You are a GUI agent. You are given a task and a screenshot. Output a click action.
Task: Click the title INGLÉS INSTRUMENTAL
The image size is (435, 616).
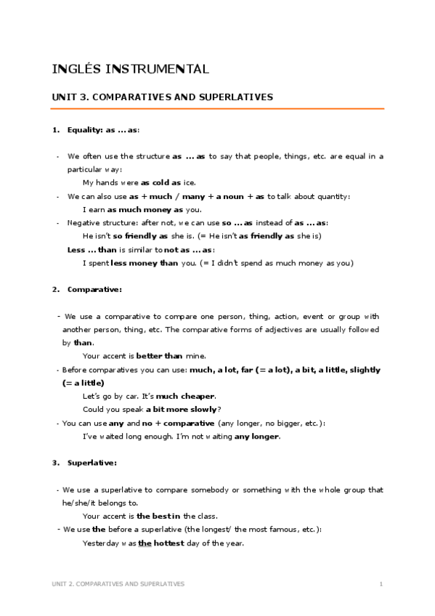pyautogui.click(x=131, y=70)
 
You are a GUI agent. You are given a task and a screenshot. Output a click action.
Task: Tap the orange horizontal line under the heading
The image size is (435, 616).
pyautogui.click(x=217, y=109)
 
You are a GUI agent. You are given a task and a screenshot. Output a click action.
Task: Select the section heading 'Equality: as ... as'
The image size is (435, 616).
pyautogui.click(x=102, y=130)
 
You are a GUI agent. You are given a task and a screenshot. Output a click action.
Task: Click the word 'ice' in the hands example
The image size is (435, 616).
pyautogui.click(x=188, y=182)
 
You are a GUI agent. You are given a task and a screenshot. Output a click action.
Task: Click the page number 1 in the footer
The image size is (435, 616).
pyautogui.click(x=381, y=583)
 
